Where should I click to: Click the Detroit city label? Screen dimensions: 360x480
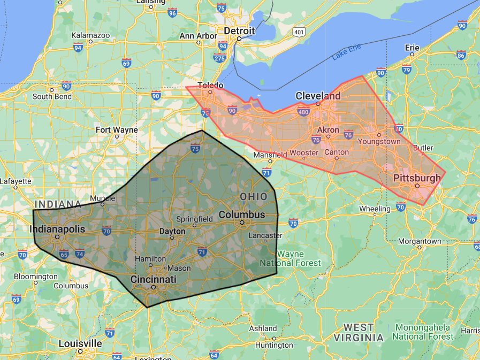click(239, 31)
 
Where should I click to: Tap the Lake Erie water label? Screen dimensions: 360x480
click(346, 52)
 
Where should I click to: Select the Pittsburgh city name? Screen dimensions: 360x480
click(417, 178)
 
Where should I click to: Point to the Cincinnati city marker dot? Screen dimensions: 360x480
click(154, 288)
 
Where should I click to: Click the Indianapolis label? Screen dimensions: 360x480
click(57, 229)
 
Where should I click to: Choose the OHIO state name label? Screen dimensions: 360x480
click(254, 197)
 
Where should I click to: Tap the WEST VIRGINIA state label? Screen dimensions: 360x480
click(359, 332)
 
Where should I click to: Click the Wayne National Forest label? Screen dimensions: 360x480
click(290, 258)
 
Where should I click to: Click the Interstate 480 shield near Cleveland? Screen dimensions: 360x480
click(304, 112)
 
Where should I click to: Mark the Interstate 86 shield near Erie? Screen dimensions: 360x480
click(461, 55)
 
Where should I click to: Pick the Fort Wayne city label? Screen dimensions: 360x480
click(117, 130)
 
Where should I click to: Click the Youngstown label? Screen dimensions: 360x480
click(379, 141)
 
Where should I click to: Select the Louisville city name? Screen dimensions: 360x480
click(80, 343)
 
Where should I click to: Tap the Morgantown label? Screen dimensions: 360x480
click(420, 241)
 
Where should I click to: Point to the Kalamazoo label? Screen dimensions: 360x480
click(90, 35)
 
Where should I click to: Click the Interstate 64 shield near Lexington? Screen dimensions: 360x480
click(214, 355)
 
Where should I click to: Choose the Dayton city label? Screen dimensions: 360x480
click(172, 232)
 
